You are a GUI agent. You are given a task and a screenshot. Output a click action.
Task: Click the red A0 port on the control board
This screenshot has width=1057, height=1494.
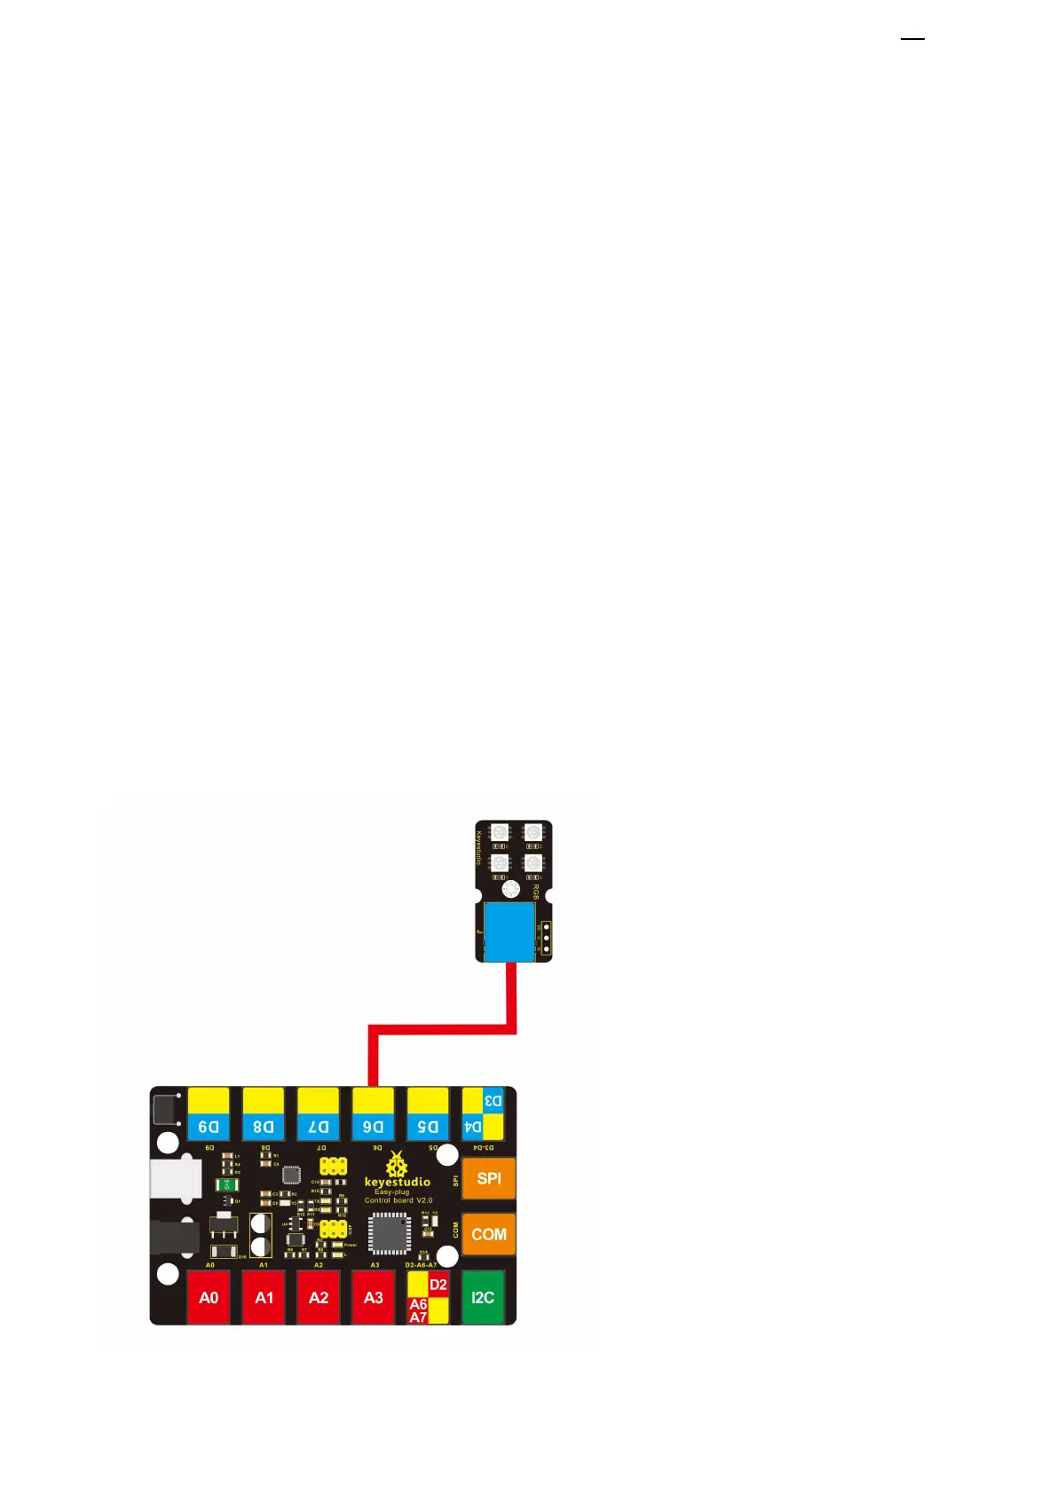[209, 1297]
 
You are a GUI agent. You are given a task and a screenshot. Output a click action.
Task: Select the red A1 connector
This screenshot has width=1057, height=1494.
[264, 1297]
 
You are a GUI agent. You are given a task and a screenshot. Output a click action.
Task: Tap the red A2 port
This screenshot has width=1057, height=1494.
[319, 1297]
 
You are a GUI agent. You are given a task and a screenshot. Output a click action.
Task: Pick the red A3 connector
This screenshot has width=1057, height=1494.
[374, 1297]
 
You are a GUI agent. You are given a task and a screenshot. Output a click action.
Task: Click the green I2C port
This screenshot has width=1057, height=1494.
[483, 1297]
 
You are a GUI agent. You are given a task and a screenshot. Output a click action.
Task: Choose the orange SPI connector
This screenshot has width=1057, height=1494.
[489, 1178]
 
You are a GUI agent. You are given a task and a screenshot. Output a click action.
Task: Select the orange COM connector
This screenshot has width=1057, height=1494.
[489, 1234]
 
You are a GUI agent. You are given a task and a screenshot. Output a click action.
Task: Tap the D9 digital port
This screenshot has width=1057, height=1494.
[209, 1115]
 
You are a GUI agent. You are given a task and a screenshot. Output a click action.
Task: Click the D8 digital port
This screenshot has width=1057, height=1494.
[264, 1115]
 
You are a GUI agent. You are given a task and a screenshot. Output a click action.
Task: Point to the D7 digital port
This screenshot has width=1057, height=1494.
[319, 1115]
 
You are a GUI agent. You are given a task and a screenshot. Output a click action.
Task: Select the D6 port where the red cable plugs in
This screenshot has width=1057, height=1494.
[374, 1115]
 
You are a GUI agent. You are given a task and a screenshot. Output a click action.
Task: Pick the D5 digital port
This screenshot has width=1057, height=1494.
[428, 1115]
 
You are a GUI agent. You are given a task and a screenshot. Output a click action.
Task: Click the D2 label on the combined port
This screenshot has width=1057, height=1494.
[438, 1285]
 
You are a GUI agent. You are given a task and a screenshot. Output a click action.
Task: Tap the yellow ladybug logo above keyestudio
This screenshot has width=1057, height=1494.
[397, 1164]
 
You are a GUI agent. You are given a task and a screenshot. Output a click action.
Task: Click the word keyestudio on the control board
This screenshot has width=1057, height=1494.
[397, 1182]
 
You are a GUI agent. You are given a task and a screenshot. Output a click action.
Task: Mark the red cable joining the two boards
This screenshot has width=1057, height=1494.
[442, 1029]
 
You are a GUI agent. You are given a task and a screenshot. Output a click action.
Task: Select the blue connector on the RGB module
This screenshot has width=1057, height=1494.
[510, 932]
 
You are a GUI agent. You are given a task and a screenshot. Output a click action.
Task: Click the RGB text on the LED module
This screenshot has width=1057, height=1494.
[536, 891]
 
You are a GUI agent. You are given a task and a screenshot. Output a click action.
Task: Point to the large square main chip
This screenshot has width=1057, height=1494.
[390, 1233]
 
